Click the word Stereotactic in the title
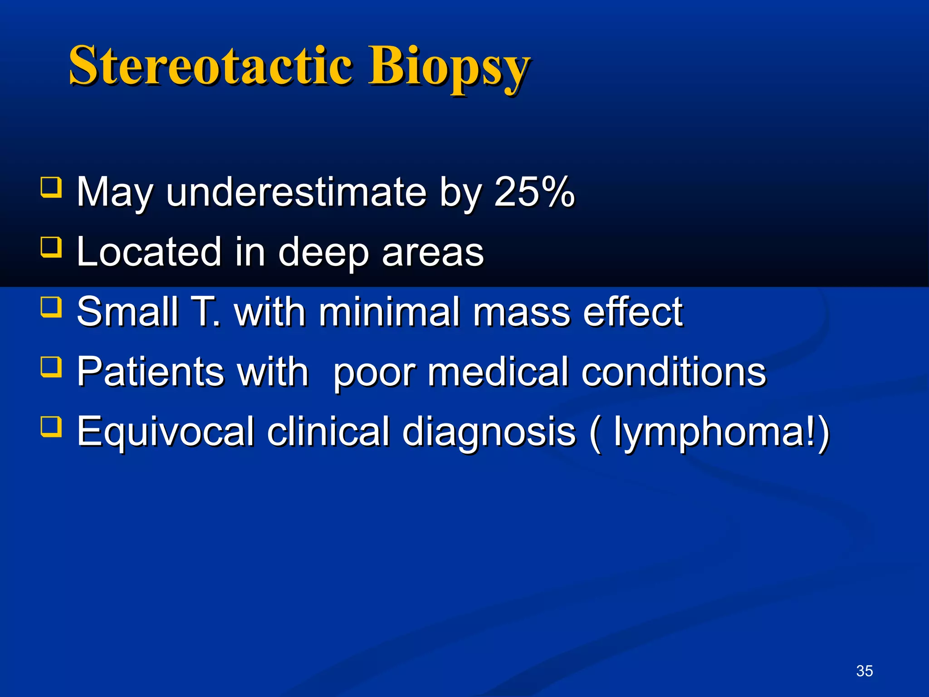210,66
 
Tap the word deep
323,253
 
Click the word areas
433,253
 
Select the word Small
127,312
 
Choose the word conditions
674,372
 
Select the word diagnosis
489,432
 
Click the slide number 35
864,671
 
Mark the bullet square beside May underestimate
51,187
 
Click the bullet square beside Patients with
51,367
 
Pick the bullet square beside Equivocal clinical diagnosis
51,427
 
